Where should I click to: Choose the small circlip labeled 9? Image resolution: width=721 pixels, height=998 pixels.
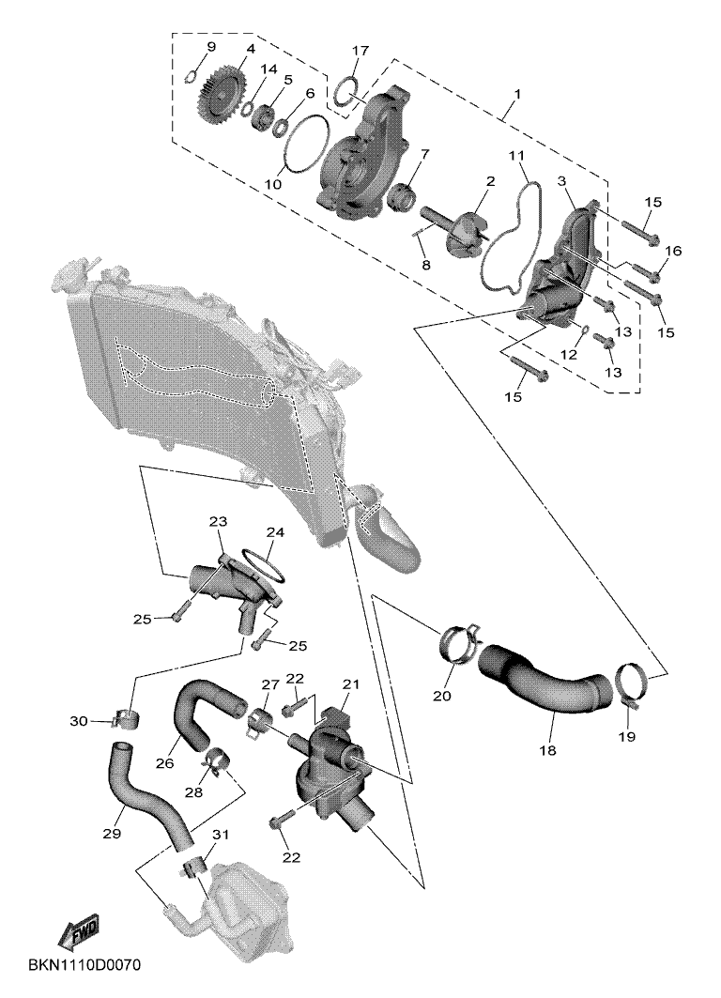(190, 77)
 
